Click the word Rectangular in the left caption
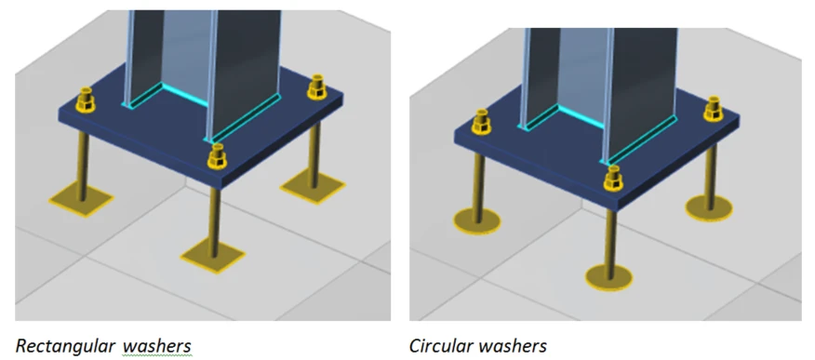pos(64,345)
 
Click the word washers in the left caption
pos(157,345)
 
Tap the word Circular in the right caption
pos(440,345)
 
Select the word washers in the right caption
pos(513,345)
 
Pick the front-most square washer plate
pos(213,256)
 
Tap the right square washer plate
pos(313,187)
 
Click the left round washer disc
pos(476,220)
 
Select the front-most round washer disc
pos(608,277)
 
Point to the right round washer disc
pos(709,207)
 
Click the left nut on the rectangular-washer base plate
pos(86,100)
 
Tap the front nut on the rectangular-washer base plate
pos(217,156)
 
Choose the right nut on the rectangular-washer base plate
pos(316,87)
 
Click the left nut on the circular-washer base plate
pos(481,121)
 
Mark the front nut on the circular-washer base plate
pos(613,179)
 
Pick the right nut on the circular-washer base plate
pos(713,109)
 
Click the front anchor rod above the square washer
pos(214,220)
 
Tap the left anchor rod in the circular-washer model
pos(477,181)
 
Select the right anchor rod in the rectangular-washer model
pos(314,154)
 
